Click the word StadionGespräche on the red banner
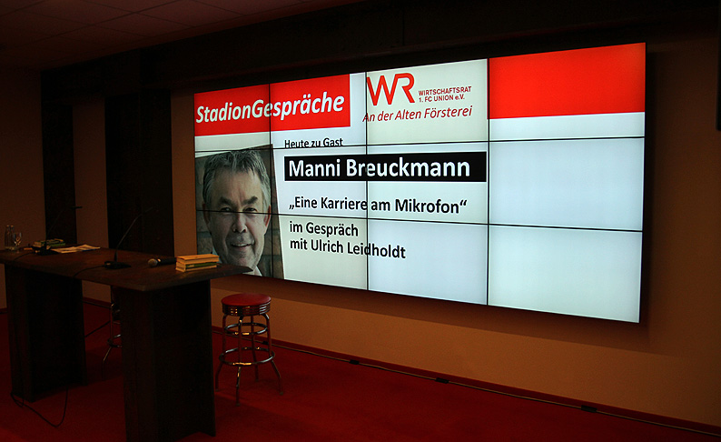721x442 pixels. [271, 107]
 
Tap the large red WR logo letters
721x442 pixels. [390, 89]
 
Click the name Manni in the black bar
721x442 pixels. [315, 168]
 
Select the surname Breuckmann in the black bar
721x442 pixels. [409, 168]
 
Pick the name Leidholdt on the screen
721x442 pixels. [376, 249]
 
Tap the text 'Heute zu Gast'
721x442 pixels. [313, 143]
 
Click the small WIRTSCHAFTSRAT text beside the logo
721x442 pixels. [445, 91]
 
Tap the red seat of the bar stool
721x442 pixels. [246, 302]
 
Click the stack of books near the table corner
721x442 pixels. [197, 262]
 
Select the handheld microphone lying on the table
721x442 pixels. [162, 262]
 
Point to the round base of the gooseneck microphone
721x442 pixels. [117, 265]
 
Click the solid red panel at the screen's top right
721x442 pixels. [567, 81]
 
